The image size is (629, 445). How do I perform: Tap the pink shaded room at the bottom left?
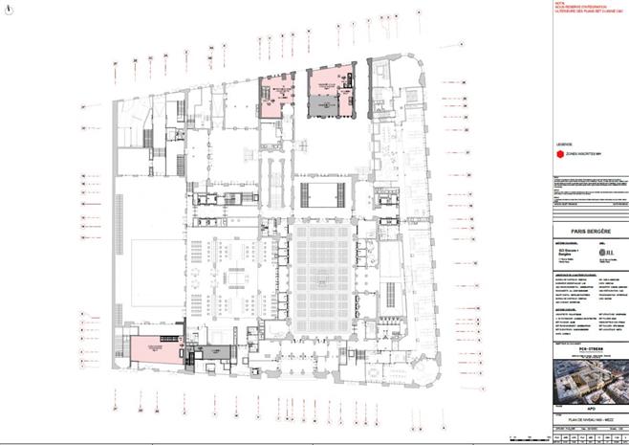click(158, 350)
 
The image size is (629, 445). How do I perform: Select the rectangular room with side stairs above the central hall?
click(323, 195)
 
